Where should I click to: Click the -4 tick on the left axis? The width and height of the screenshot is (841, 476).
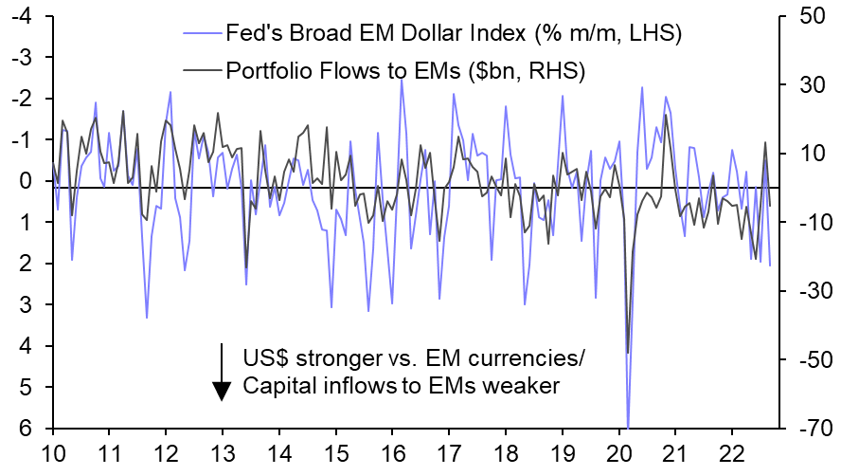click(22, 16)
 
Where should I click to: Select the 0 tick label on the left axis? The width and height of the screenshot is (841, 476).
click(27, 181)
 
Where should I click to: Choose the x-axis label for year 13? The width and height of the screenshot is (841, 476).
click(222, 453)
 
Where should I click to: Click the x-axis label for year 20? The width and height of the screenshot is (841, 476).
click(617, 453)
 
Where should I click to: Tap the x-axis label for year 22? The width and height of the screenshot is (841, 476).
click(730, 453)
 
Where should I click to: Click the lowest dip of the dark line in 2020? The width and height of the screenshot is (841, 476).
click(627, 353)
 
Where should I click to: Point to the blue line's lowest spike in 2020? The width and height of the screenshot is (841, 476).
click(628, 427)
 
